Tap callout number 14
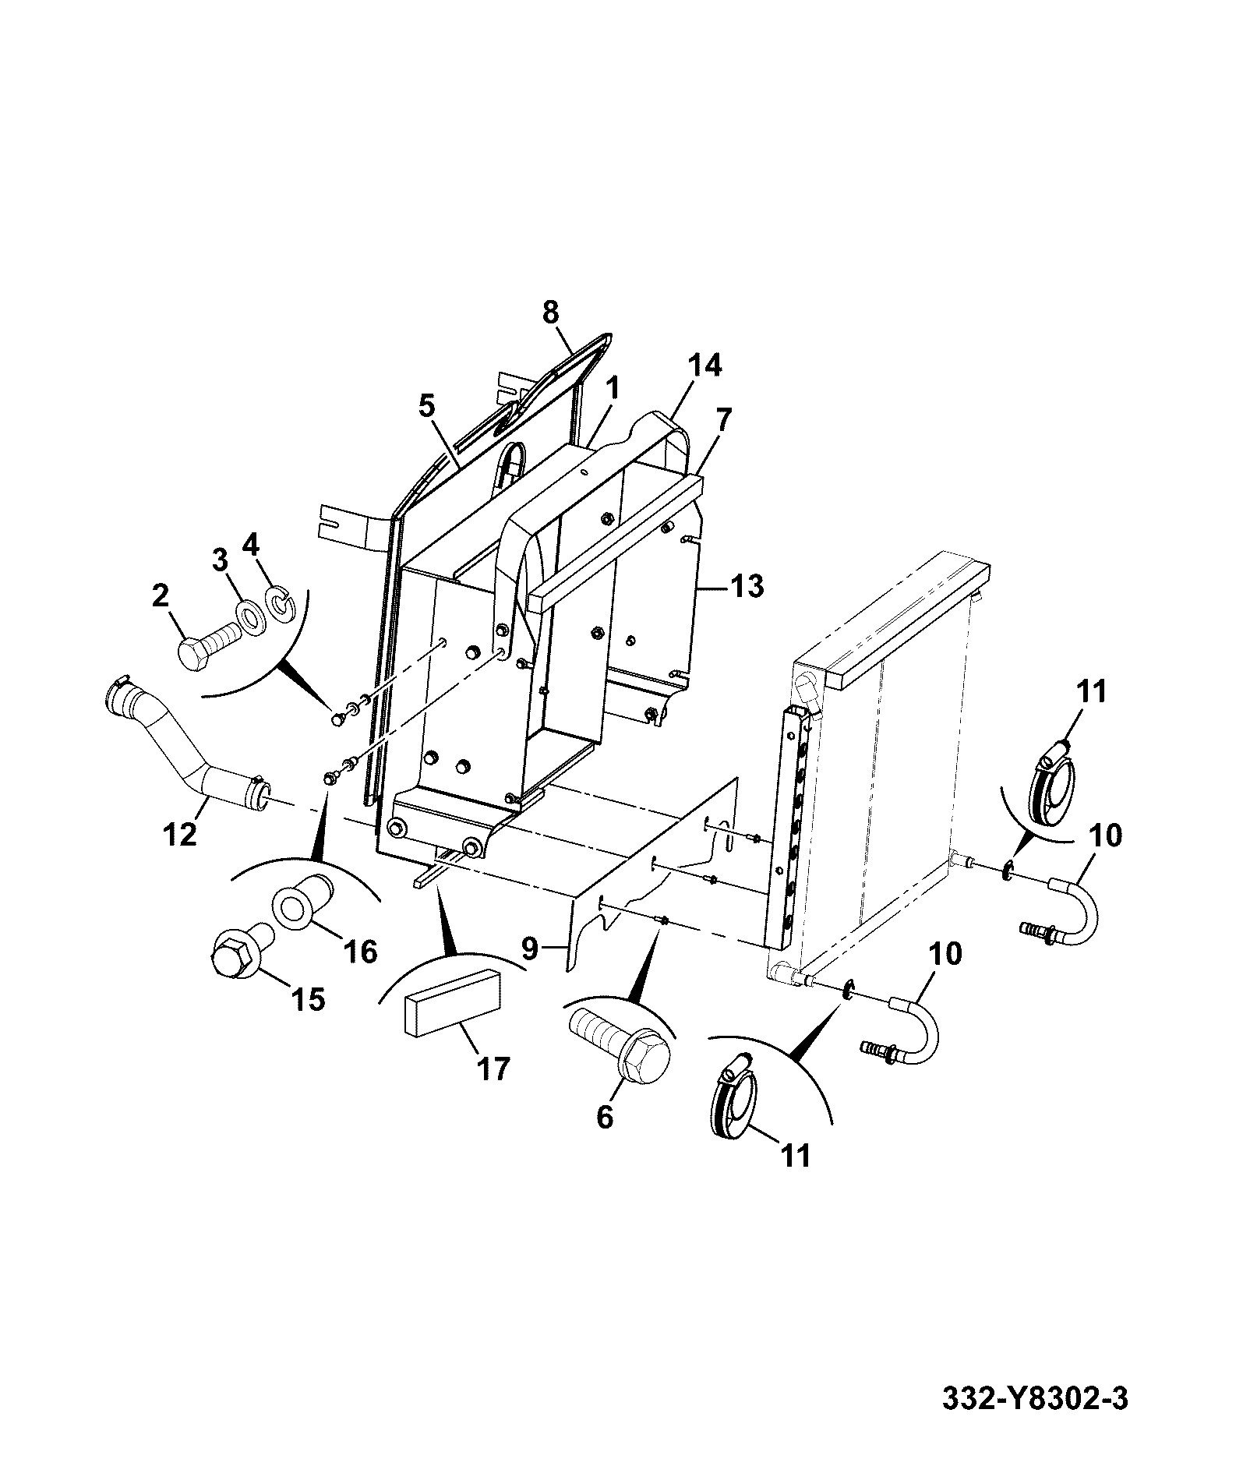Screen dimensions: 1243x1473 [704, 366]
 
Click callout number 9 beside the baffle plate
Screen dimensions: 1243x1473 [529, 948]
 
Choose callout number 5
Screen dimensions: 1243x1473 [426, 405]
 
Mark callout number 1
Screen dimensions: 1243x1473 [613, 387]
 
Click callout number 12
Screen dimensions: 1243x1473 [181, 835]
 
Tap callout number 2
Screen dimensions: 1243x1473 [160, 597]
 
